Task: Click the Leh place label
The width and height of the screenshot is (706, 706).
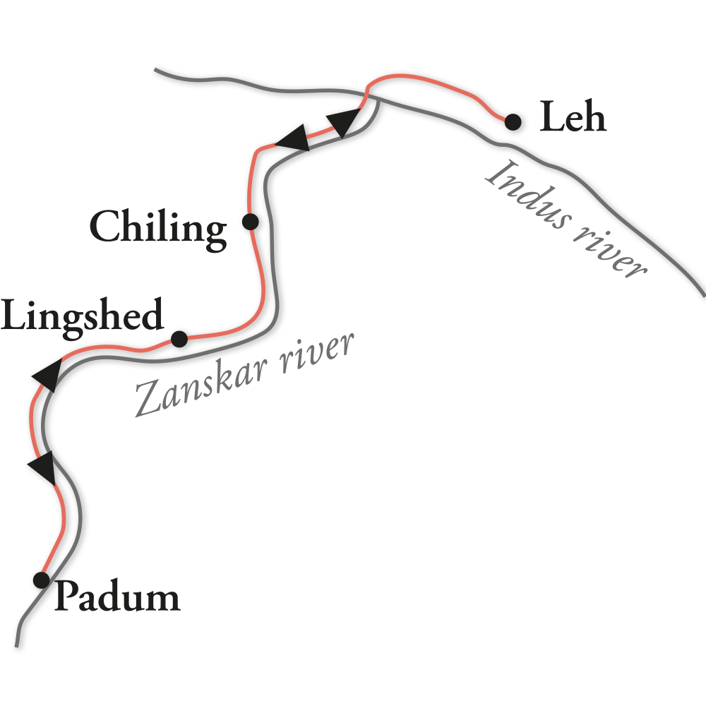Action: coord(573,118)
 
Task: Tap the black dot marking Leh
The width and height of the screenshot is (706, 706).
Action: coord(513,122)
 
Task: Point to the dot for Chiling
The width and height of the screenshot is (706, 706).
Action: coord(250,222)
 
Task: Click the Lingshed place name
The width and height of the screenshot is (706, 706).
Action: coord(82,316)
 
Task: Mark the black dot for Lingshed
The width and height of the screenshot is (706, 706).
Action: coord(179,339)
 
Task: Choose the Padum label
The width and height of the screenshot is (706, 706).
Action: coord(117,597)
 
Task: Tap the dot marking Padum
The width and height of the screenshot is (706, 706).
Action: coord(42,580)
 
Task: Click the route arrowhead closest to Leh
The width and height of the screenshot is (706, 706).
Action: coord(345,121)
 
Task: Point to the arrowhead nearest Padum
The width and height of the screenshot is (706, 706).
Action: coord(42,468)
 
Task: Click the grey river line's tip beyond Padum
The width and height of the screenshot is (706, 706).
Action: coord(16,645)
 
